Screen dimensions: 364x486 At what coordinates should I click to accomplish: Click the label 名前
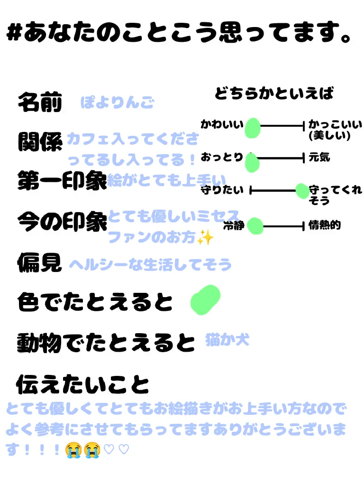[x=40, y=102]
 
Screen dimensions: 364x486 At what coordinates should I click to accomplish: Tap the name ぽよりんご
[x=117, y=103]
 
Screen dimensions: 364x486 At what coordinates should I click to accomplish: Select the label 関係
[x=40, y=141]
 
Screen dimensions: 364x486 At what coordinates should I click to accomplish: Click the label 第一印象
[x=62, y=180]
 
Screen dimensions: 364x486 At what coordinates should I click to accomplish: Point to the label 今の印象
[x=62, y=221]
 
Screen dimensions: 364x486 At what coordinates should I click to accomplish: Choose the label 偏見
[x=40, y=262]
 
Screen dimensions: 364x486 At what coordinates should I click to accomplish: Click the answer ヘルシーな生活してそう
[x=151, y=264]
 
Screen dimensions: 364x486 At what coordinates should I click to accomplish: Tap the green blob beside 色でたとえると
[x=205, y=299]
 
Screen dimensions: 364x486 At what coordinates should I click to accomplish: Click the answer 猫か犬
[x=227, y=340]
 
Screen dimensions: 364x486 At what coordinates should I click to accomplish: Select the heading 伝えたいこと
[x=83, y=384]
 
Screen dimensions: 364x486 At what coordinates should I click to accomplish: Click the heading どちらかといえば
[x=274, y=93]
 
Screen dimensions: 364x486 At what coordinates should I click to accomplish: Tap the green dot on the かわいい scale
[x=253, y=127]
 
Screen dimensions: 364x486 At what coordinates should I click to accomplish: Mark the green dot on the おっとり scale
[x=252, y=163]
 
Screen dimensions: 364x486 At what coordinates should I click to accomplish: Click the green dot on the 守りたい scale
[x=302, y=191]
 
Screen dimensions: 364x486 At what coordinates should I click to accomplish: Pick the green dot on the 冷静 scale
[x=255, y=226]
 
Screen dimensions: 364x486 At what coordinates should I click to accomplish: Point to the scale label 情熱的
[x=325, y=225]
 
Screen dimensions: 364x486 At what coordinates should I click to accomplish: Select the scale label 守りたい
[x=222, y=191]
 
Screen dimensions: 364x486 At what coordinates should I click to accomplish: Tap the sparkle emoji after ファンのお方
[x=206, y=237]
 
